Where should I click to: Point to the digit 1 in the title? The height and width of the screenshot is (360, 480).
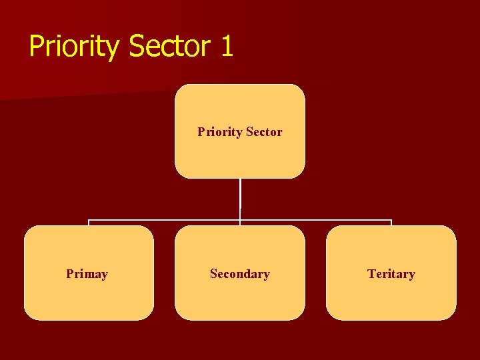226,47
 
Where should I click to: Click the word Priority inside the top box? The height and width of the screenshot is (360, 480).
220,132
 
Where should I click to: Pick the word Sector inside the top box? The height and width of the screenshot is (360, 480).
264,132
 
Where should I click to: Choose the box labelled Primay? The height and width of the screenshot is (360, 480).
89,293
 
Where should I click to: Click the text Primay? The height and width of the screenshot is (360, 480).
87,274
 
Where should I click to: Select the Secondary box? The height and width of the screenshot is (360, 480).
240,297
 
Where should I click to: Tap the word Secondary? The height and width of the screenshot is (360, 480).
240,274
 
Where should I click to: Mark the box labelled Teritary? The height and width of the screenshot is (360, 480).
391,297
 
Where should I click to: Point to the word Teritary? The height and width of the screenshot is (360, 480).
391,274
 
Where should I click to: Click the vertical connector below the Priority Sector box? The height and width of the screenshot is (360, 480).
240,197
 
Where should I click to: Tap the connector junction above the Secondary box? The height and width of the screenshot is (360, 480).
240,220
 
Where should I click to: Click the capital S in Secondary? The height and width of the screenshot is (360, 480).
213,274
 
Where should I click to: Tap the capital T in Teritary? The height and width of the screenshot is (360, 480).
371,274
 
